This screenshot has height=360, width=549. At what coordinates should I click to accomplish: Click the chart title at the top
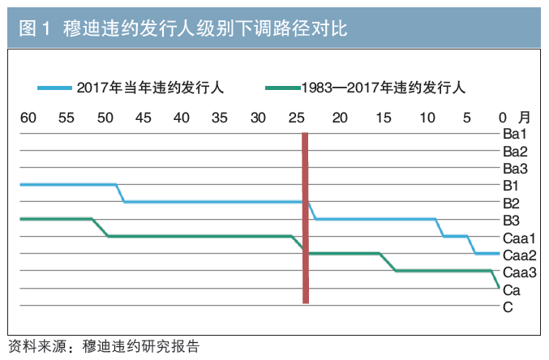point(183,28)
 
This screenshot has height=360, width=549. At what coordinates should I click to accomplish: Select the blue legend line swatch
point(55,88)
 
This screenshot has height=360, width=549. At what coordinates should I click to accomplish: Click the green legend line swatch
point(283,88)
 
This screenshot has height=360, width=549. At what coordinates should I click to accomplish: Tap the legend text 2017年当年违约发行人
point(150,88)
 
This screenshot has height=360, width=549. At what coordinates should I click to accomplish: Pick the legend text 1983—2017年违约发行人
point(384,88)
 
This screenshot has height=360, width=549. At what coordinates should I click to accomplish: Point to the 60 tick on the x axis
point(28,118)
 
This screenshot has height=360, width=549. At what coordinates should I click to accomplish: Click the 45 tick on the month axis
point(144,118)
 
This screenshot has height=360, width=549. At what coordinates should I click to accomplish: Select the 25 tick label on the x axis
point(297,118)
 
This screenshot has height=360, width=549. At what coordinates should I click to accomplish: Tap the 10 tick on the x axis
point(427,118)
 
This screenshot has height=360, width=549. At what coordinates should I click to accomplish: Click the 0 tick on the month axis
point(503,118)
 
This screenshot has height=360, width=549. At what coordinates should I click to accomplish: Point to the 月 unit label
point(524,118)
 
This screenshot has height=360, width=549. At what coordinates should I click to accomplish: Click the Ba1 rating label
point(515,134)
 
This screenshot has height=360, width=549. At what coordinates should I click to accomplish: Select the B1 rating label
point(511,186)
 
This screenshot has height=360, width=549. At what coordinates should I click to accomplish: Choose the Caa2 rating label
point(520,255)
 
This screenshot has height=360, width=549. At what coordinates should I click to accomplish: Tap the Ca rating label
point(512,290)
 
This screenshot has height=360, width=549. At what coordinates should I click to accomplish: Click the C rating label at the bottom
point(508,307)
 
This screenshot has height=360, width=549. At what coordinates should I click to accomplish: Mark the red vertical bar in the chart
point(305,218)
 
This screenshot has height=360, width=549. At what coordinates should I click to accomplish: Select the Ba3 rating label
point(515,169)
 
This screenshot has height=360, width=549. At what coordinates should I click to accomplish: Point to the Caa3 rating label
point(520,272)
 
